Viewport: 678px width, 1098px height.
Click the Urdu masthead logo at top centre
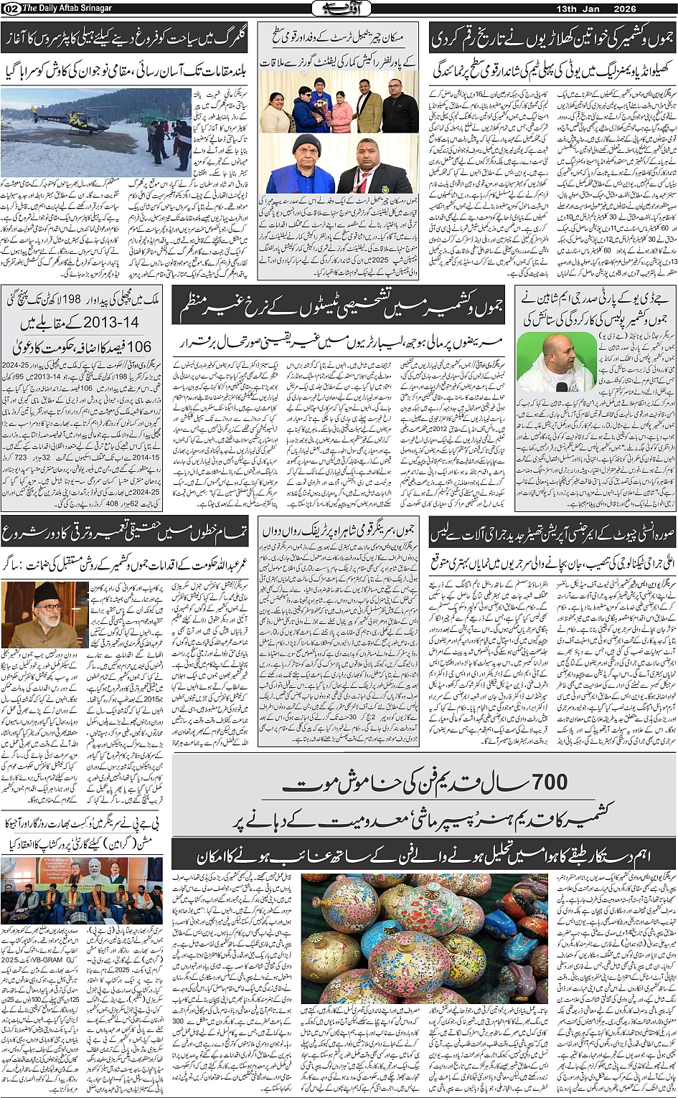pyautogui.click(x=339, y=9)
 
